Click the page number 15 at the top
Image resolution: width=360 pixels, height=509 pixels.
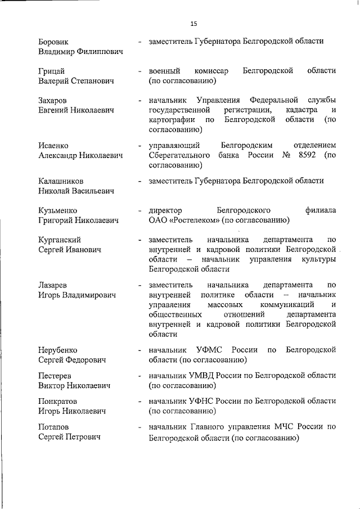[x=193, y=24]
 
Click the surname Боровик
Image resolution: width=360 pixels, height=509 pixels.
[x=55, y=42]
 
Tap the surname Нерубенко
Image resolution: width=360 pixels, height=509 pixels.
[x=58, y=350]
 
